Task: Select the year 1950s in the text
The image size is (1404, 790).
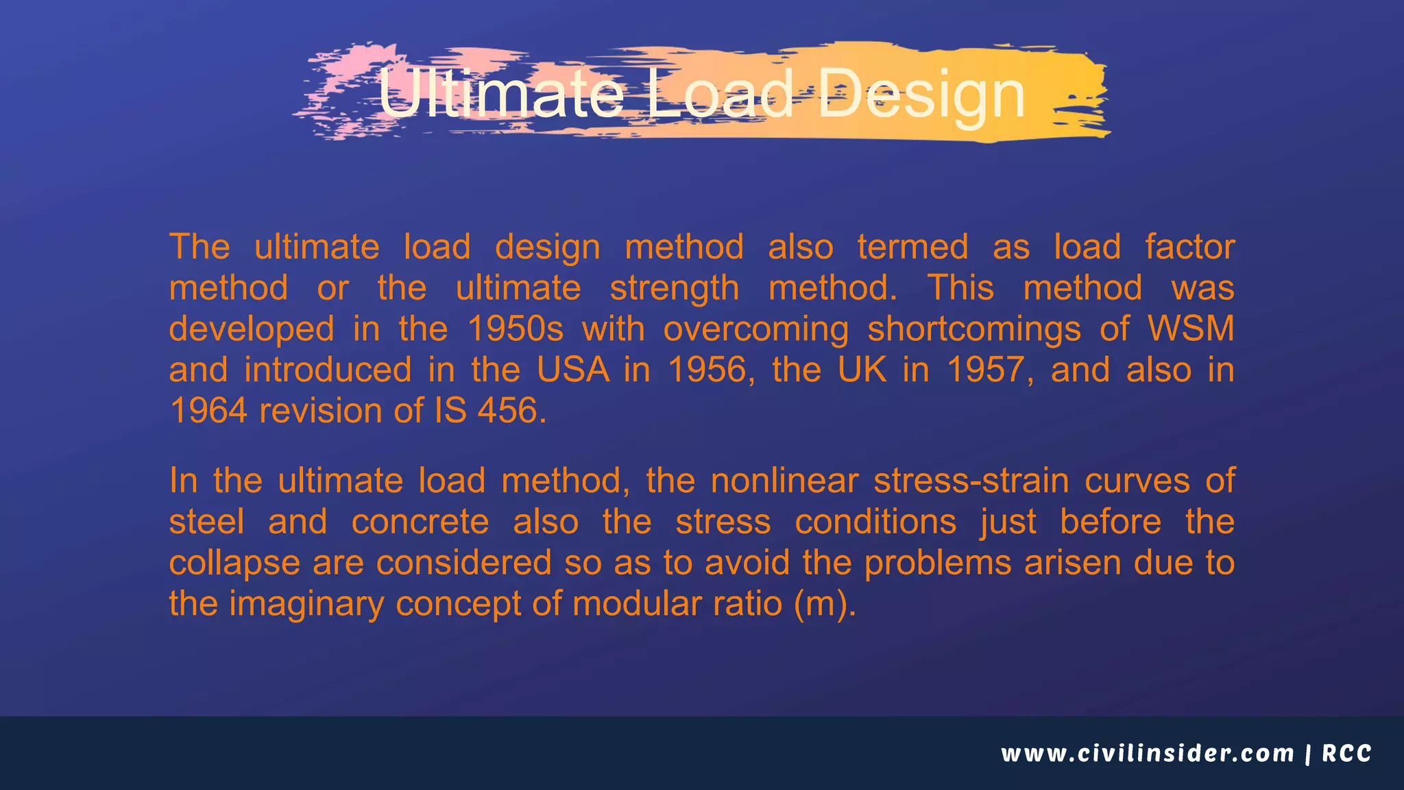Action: tap(516, 329)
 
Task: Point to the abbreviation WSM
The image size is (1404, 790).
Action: tap(1191, 329)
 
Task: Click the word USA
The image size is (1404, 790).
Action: tap(573, 370)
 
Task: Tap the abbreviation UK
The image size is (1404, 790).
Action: tap(862, 370)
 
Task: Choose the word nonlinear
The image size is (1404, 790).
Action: tap(784, 481)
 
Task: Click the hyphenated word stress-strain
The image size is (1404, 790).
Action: tap(971, 481)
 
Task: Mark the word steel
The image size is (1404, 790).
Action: tap(206, 522)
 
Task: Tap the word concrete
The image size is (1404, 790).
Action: tap(420, 522)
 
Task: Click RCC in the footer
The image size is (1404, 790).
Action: tap(1347, 754)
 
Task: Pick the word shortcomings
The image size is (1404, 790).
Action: tap(974, 329)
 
